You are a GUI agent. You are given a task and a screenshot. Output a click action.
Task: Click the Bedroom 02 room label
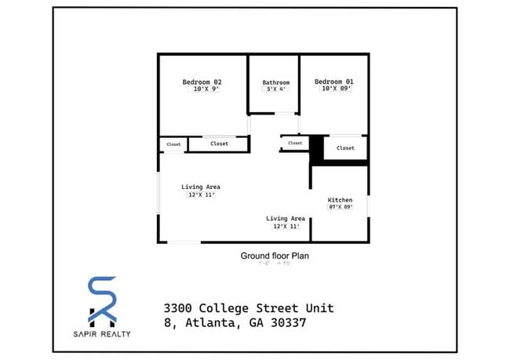click(x=202, y=82)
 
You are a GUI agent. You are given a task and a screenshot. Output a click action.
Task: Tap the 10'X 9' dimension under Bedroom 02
click(x=202, y=90)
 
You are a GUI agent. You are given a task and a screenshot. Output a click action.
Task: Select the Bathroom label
click(x=275, y=82)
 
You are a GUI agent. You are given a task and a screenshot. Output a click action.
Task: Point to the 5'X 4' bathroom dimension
click(x=275, y=90)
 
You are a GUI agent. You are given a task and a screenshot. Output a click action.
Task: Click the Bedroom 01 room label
click(x=333, y=82)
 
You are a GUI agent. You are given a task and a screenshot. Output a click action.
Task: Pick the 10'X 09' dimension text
click(x=333, y=89)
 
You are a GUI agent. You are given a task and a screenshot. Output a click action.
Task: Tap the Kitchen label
click(x=340, y=199)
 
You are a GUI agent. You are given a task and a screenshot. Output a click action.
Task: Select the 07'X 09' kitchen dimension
click(x=340, y=207)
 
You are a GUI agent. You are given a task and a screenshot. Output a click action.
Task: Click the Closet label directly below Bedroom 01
click(x=345, y=147)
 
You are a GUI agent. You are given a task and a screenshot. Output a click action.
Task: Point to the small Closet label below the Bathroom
click(x=294, y=143)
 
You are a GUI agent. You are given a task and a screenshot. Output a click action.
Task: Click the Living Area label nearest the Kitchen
click(x=285, y=218)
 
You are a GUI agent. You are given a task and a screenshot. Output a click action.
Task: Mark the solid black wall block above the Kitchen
click(x=318, y=148)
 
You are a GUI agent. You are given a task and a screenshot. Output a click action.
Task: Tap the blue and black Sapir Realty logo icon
click(x=102, y=300)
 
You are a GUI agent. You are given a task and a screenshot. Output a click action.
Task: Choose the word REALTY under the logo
click(x=115, y=335)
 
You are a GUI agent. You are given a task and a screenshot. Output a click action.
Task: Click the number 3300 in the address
click(x=178, y=307)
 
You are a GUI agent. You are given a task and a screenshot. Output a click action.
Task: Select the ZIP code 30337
click(x=283, y=322)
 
